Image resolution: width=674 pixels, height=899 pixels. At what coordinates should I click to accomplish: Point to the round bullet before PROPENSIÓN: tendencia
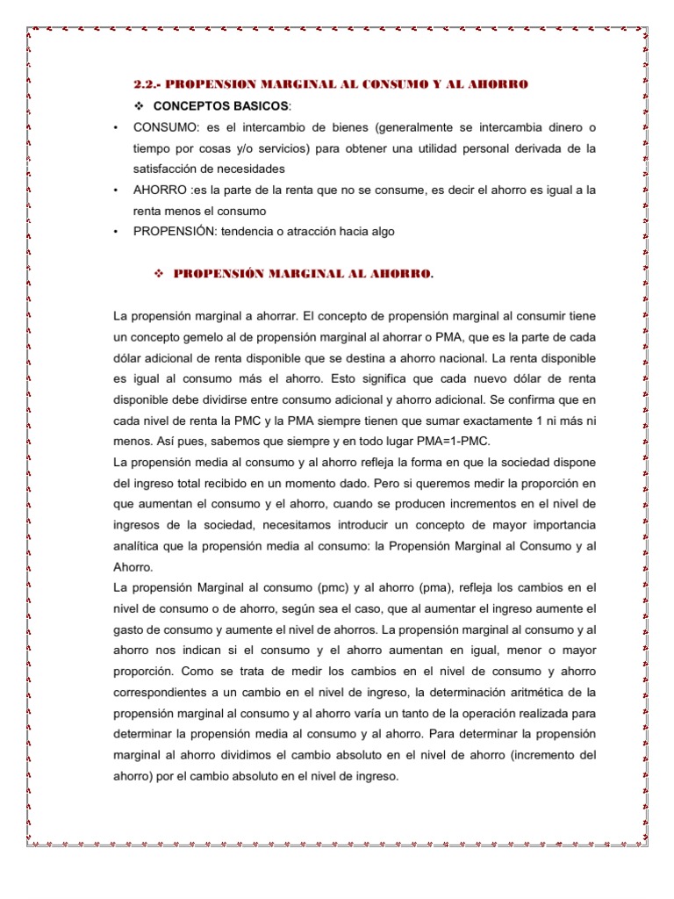click(x=116, y=232)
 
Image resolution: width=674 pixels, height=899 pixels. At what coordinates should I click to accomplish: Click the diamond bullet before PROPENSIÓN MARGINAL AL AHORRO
click(x=160, y=274)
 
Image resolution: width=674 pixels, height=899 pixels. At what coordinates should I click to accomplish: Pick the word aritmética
click(x=546, y=692)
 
